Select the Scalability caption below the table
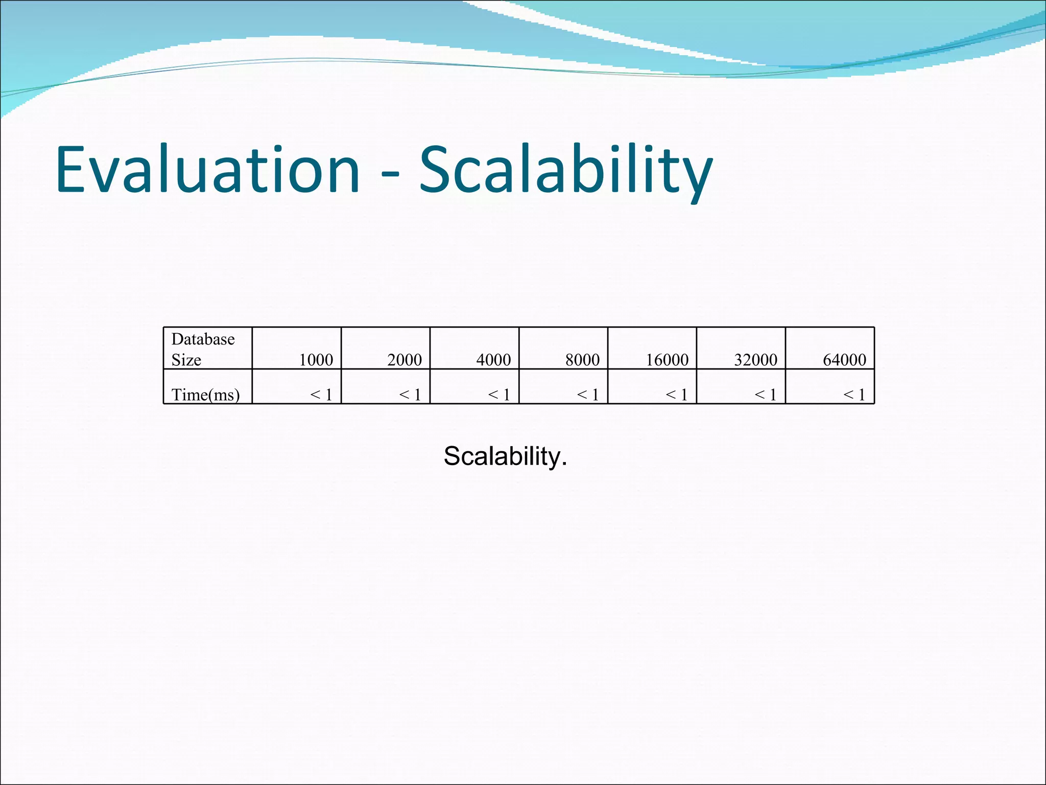coord(505,456)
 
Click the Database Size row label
coord(203,349)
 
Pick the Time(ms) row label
coord(205,395)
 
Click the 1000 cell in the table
coord(316,360)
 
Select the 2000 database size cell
coord(405,360)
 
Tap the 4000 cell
coord(493,360)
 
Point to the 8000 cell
coord(582,360)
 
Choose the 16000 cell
coord(667,360)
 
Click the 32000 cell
coord(755,360)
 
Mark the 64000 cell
coord(844,360)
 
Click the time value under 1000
coord(321,395)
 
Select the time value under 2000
coord(410,395)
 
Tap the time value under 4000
coord(499,395)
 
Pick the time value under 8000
coord(588,395)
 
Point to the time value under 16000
coord(677,395)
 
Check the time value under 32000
coord(766,395)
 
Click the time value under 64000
coord(854,395)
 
